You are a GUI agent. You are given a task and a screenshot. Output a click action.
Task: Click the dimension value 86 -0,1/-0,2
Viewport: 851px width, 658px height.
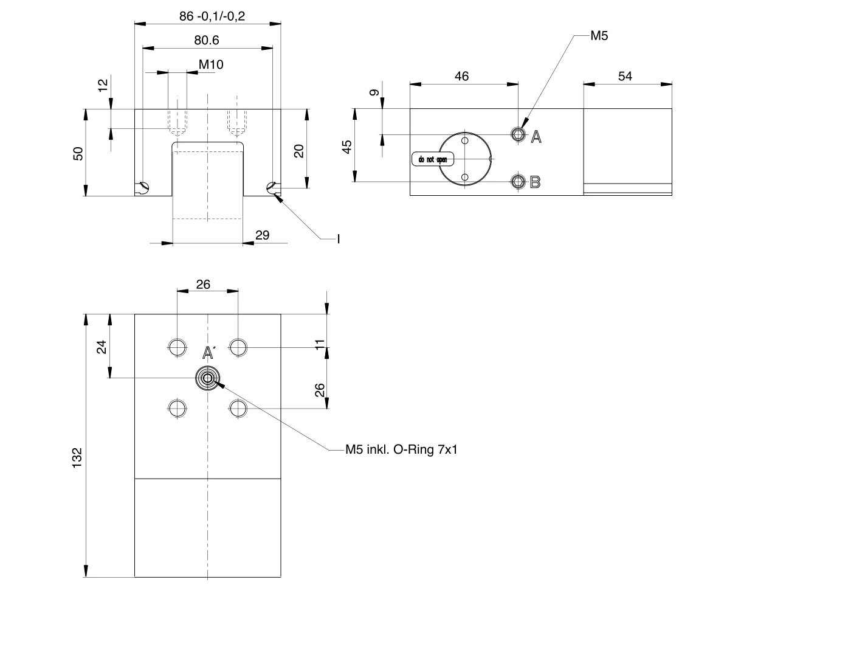click(x=212, y=16)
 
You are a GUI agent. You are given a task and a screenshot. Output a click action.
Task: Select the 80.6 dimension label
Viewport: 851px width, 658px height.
click(x=207, y=40)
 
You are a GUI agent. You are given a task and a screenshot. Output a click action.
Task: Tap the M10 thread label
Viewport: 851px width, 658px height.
click(x=211, y=64)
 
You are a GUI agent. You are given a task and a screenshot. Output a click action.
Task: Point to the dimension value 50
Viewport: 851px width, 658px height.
click(x=78, y=153)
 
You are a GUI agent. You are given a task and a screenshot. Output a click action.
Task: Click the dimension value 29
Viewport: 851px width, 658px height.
click(x=263, y=235)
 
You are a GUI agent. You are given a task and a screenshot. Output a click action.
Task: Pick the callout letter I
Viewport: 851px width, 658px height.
click(x=339, y=239)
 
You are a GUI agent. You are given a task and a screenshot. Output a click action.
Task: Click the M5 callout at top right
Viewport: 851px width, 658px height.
click(x=599, y=36)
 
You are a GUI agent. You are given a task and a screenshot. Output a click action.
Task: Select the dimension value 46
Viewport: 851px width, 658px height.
click(x=462, y=76)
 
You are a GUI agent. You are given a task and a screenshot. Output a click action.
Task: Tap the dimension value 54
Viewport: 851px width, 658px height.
click(x=625, y=76)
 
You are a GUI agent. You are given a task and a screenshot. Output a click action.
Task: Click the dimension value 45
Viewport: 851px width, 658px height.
click(x=347, y=147)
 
